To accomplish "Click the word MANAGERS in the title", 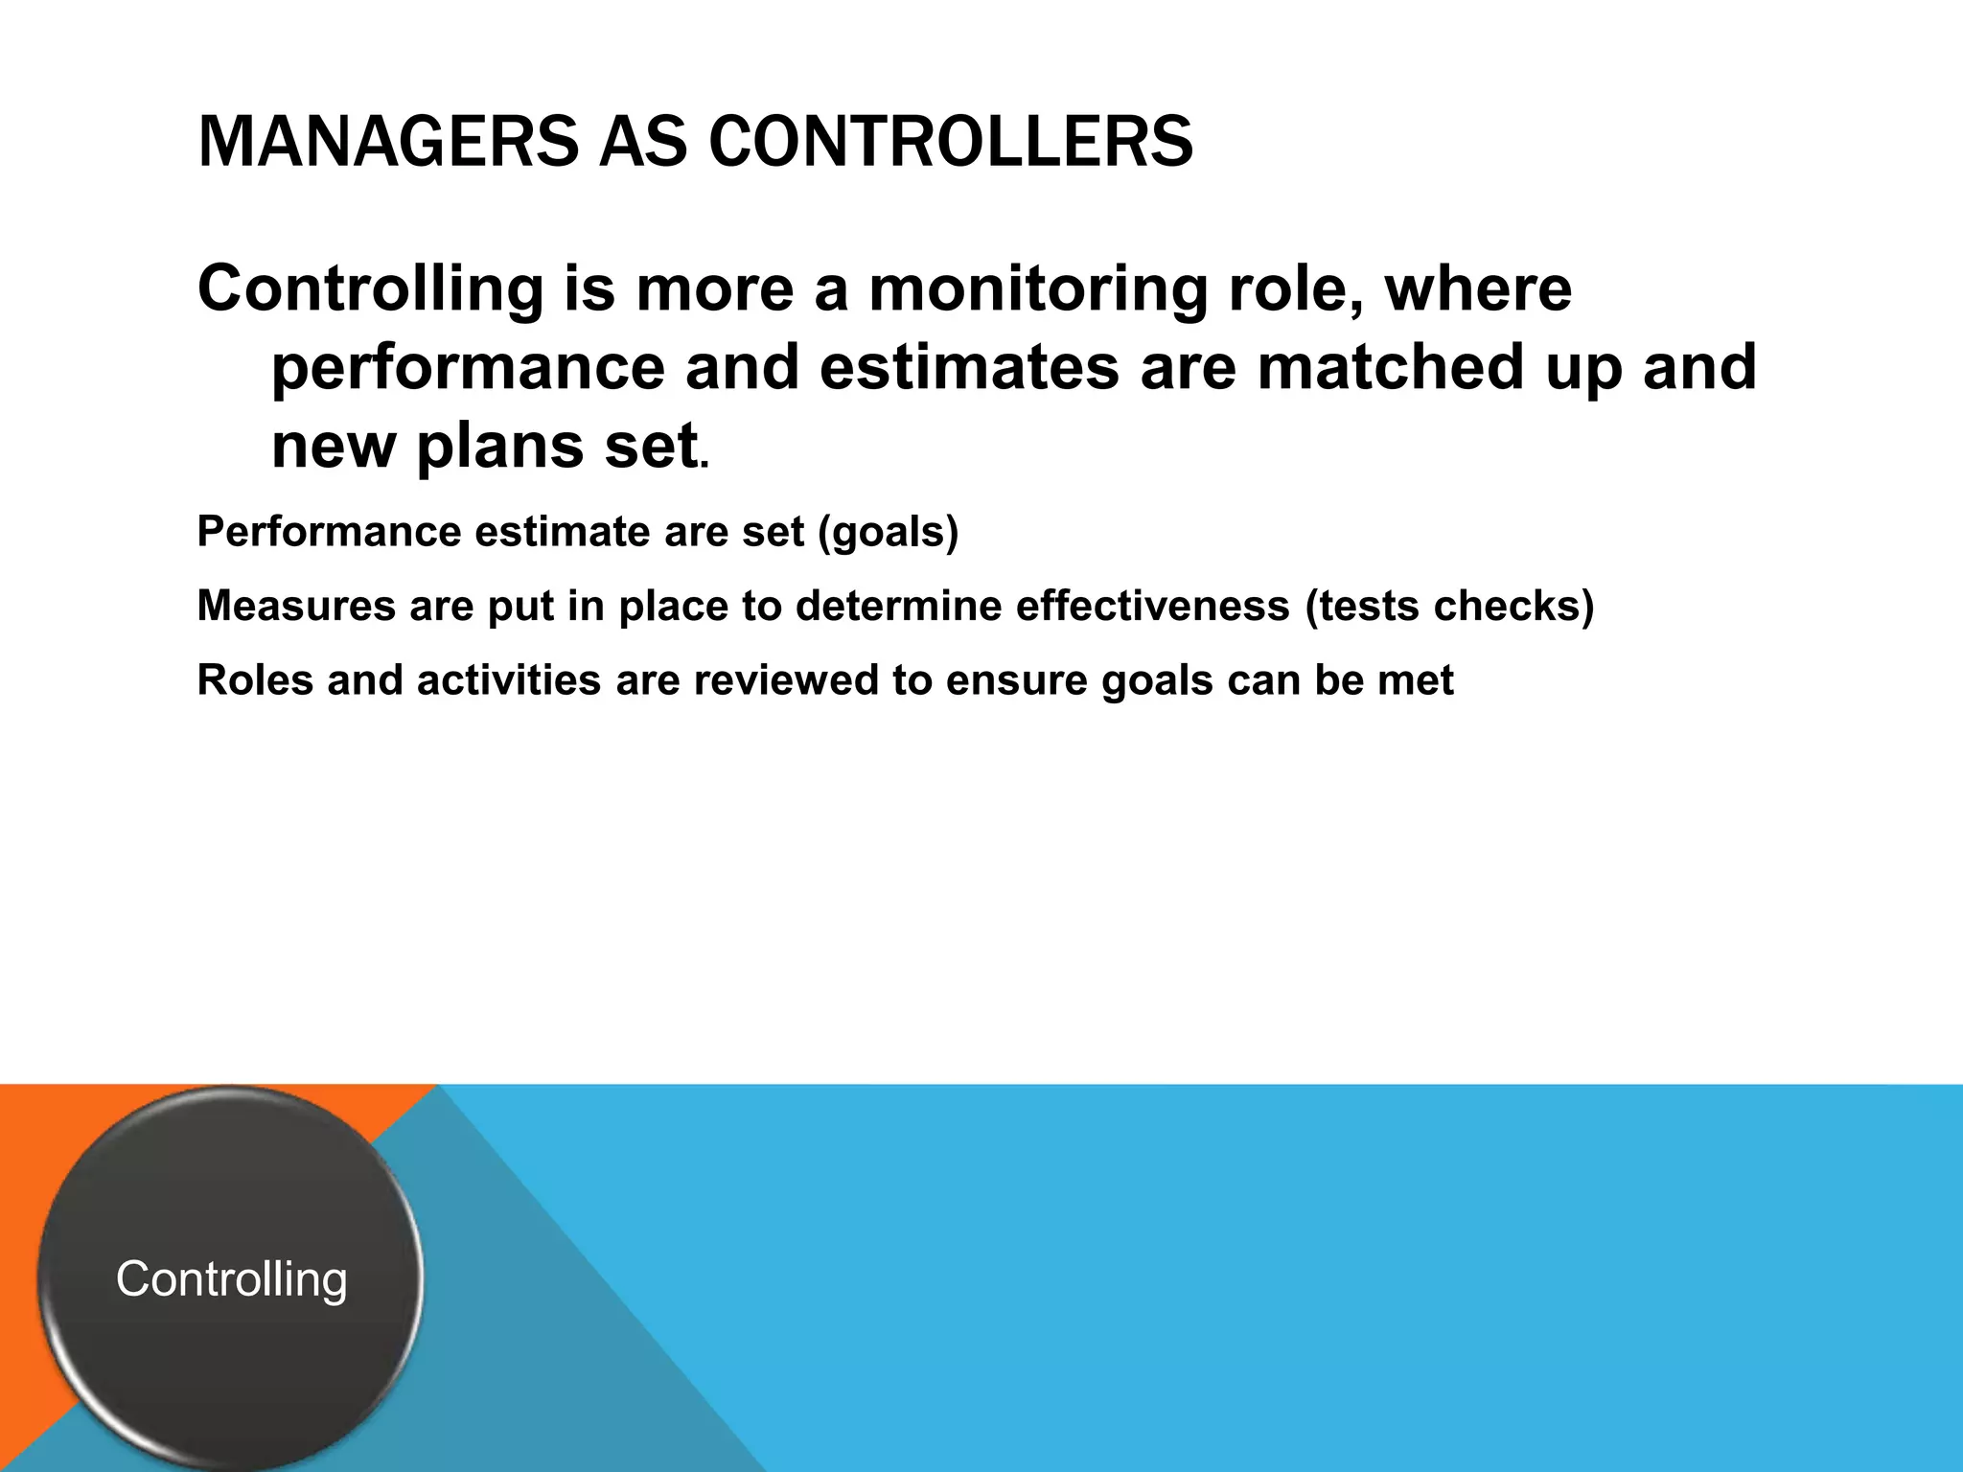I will [388, 142].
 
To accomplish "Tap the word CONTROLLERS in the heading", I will [951, 142].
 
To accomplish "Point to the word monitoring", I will [1038, 289].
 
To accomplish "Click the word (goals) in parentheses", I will [888, 532].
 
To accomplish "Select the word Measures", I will [296, 607].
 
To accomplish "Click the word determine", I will [899, 607].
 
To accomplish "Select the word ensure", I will [1016, 680].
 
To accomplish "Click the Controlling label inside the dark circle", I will [231, 1279].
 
